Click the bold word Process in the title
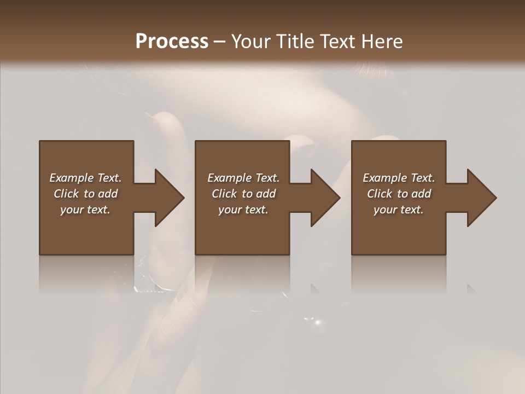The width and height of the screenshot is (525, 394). (172, 42)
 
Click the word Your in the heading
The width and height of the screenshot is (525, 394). (249, 42)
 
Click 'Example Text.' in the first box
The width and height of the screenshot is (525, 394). (85, 178)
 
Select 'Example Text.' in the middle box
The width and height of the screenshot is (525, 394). (243, 178)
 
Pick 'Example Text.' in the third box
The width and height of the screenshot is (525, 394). (399, 178)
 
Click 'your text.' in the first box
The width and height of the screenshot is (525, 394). (85, 210)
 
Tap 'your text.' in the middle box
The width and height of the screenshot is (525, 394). (243, 210)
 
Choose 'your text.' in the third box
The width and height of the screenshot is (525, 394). (399, 210)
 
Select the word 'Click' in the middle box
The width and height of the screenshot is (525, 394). (224, 194)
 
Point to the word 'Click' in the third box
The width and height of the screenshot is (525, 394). (380, 194)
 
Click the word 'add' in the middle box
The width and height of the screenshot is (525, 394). (265, 194)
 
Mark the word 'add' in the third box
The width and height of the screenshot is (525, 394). (421, 194)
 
